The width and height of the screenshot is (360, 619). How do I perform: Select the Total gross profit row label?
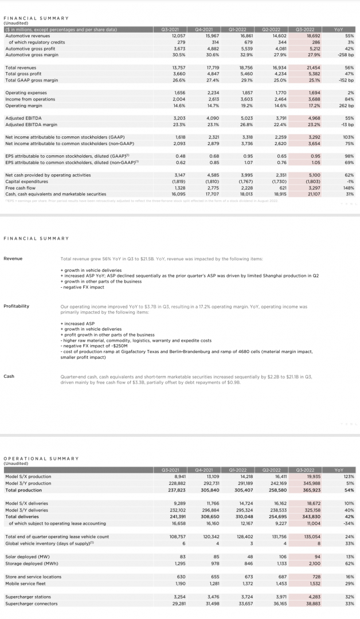(22, 74)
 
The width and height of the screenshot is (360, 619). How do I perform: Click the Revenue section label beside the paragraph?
(13, 258)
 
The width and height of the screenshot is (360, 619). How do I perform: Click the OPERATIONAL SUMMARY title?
(41, 458)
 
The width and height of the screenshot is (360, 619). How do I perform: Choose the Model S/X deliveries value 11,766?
(212, 503)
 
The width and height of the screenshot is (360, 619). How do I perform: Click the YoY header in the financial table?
(339, 28)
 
